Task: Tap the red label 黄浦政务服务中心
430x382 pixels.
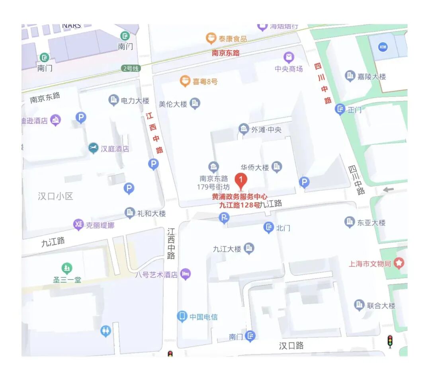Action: (239, 197)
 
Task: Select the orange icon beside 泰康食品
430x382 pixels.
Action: (211, 38)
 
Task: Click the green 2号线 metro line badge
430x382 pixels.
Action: (131, 68)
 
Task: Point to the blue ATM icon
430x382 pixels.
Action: (383, 47)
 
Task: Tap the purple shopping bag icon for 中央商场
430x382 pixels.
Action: (289, 57)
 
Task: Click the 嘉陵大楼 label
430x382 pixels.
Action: (371, 76)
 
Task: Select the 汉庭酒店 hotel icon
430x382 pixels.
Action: (93, 148)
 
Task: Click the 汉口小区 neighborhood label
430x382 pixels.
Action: (56, 196)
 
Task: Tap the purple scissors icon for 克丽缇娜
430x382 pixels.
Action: (78, 225)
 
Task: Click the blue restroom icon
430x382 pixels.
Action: (106, 331)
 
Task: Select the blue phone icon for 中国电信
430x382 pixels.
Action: (182, 317)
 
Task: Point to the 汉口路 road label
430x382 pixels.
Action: (291, 346)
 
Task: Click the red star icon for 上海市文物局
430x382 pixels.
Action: (399, 263)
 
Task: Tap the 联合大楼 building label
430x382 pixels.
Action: (381, 306)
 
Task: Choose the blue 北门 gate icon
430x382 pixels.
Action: (269, 228)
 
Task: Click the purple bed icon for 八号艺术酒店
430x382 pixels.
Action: (185, 274)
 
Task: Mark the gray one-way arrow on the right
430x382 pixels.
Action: (388, 190)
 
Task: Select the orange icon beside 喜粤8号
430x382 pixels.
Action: (185, 81)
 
